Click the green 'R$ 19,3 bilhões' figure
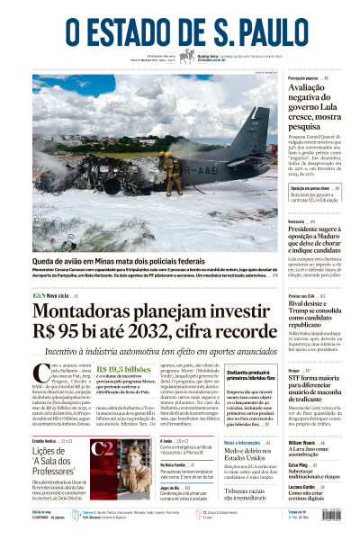coord(123,370)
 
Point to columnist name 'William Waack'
coord(301,444)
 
